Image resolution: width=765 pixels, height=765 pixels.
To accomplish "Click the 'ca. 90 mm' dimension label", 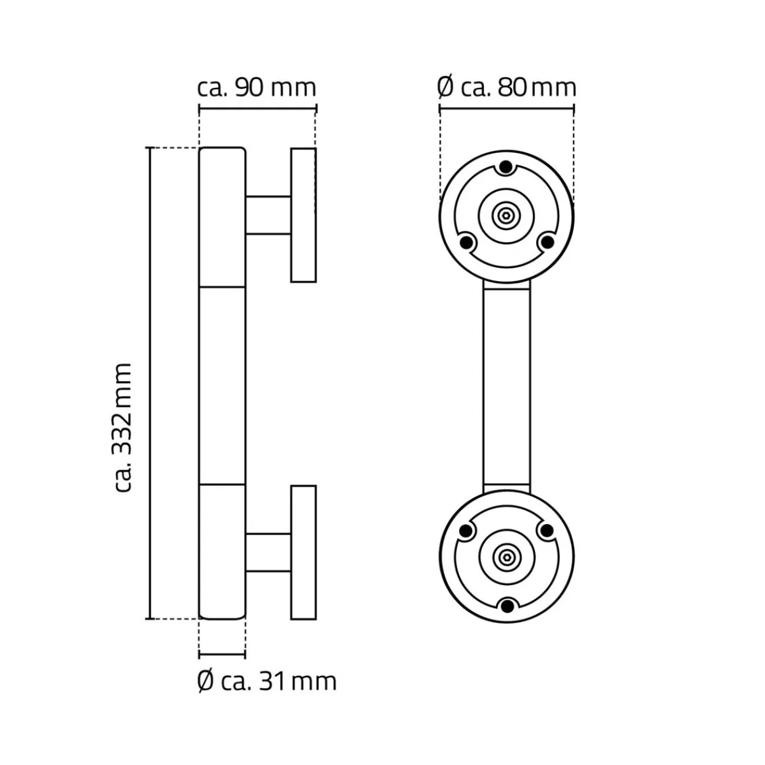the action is [257, 88].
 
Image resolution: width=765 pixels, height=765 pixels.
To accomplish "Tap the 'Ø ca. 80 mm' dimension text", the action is [507, 88].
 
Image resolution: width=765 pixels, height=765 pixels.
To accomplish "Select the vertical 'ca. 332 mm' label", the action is [122, 428].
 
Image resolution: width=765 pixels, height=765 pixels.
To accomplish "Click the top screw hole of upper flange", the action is [506, 167].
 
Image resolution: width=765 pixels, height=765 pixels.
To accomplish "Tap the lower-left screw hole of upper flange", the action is [466, 242].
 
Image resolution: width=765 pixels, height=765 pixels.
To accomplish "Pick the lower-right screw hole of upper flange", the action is [547, 242].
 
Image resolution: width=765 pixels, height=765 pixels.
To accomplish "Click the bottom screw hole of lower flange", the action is [506, 606].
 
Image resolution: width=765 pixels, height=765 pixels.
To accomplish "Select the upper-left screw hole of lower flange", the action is [466, 530].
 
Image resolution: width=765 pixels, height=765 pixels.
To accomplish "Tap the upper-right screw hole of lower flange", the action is [546, 530].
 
